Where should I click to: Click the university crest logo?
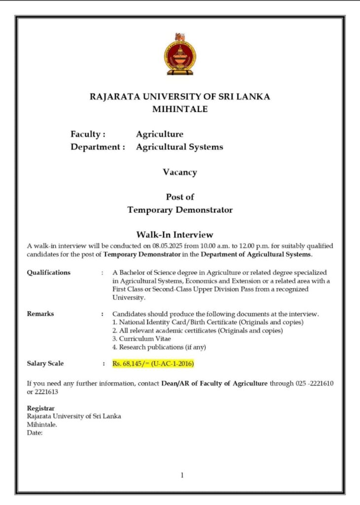180,54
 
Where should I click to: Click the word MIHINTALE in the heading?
180,109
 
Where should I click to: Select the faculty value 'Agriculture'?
159,134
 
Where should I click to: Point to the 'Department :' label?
98,147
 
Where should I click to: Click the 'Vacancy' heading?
180,173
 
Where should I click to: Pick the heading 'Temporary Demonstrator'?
180,210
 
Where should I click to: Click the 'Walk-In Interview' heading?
175,234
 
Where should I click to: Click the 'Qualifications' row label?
48,272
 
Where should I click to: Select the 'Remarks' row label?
40,314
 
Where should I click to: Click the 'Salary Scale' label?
45,364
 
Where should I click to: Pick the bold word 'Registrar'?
40,408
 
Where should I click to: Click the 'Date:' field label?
35,433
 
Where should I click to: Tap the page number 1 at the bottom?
182,475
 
